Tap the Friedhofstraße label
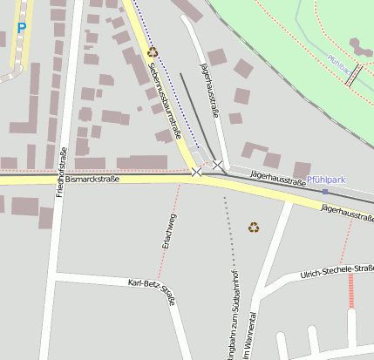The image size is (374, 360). pyautogui.click(x=61, y=172)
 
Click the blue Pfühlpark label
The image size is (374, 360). pyautogui.click(x=327, y=180)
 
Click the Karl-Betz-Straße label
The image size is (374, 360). pyautogui.click(x=152, y=291)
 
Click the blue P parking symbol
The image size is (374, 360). pyautogui.click(x=22, y=29)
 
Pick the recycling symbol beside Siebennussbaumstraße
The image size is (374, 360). pyautogui.click(x=153, y=52)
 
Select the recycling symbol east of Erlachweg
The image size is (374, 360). pyautogui.click(x=254, y=228)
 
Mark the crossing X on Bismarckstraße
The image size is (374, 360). pyautogui.click(x=196, y=173)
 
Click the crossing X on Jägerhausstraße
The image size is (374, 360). pyautogui.click(x=217, y=164)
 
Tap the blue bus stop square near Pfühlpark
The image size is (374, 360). pyautogui.click(x=324, y=191)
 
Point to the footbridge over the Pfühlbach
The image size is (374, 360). pyautogui.click(x=352, y=77)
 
